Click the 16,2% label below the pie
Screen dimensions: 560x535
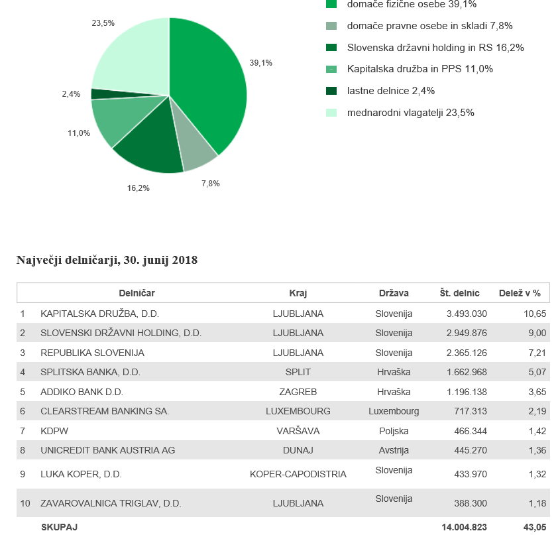tap(139, 188)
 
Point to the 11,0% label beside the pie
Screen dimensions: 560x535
tap(79, 133)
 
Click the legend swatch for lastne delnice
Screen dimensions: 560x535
tap(331, 91)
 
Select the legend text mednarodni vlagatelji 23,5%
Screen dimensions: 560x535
tap(411, 113)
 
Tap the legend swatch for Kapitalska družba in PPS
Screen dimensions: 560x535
tap(331, 69)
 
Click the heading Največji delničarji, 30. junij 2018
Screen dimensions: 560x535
tap(107, 260)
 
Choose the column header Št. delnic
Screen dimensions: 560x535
tap(459, 293)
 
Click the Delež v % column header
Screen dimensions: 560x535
tap(520, 293)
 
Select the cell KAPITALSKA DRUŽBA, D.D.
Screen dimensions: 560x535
tap(99, 314)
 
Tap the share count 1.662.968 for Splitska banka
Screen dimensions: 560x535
tap(467, 372)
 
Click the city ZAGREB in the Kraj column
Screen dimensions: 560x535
tap(298, 392)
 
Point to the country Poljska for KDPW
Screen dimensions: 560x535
tap(394, 431)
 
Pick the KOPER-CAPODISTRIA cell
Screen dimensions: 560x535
tap(298, 474)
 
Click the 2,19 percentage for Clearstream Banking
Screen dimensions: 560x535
tap(537, 411)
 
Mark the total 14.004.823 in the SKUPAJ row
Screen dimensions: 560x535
tap(465, 527)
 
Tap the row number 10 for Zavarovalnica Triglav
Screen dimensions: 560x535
tap(25, 504)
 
